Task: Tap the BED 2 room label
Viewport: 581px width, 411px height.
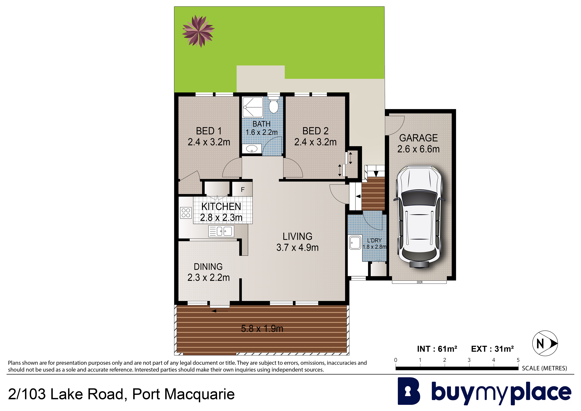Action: tap(315, 131)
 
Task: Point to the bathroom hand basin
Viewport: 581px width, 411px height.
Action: tap(252, 149)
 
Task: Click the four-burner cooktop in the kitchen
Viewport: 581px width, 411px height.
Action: tap(186, 213)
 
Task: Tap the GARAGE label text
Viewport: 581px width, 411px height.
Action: tap(419, 138)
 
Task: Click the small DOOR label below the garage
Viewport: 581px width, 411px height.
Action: tap(420, 282)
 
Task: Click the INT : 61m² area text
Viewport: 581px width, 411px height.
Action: tap(437, 349)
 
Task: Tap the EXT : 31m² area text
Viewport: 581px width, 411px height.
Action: tap(492, 349)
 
